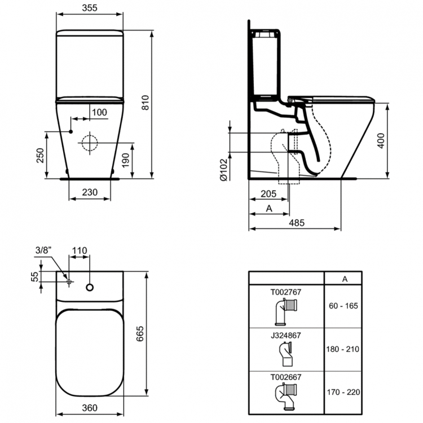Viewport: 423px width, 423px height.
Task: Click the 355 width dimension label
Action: [90, 8]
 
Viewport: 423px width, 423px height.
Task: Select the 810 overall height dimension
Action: [146, 103]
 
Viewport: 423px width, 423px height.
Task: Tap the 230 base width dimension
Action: [90, 192]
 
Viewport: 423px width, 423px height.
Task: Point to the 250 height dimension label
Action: [40, 156]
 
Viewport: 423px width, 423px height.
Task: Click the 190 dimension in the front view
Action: [125, 160]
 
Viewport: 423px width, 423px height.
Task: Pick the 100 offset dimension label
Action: [99, 112]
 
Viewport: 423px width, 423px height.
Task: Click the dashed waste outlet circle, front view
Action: [90, 143]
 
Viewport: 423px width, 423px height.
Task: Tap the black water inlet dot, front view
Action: [71, 131]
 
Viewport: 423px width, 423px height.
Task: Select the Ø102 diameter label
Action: [224, 170]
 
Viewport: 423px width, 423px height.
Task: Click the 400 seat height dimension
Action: [381, 140]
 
